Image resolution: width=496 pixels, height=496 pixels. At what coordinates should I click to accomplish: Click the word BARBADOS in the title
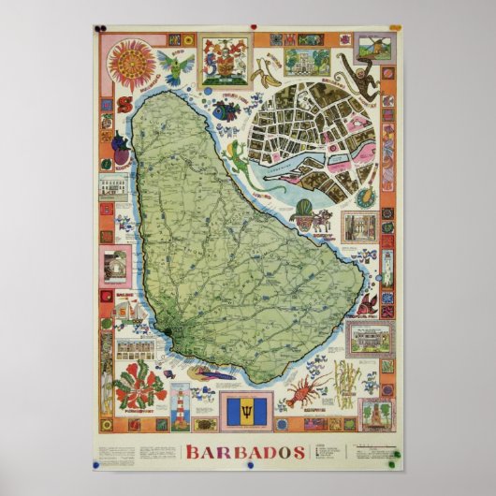pyautogui.click(x=246, y=452)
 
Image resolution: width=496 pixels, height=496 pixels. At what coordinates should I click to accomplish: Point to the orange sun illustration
pyautogui.click(x=131, y=63)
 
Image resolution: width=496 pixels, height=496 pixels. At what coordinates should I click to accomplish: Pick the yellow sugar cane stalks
pyautogui.click(x=345, y=384)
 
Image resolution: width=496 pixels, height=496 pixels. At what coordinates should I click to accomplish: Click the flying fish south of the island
pyautogui.click(x=212, y=373)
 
